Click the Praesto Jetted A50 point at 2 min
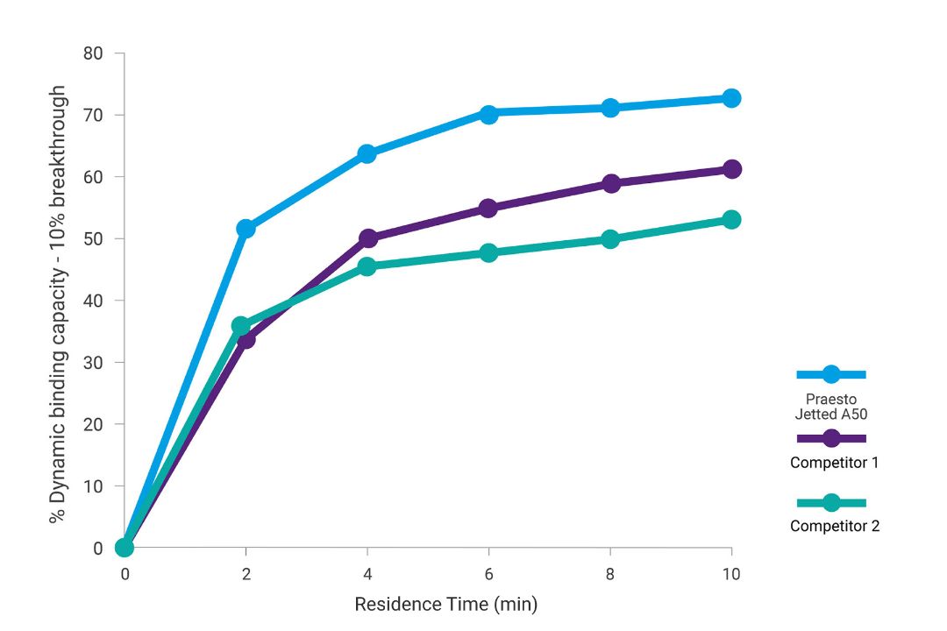click(x=246, y=229)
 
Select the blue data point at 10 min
click(x=730, y=98)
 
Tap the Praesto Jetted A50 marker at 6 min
click(x=488, y=113)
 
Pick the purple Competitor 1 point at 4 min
click(x=367, y=238)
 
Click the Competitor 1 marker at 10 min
click(x=730, y=169)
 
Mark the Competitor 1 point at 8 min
click(x=610, y=183)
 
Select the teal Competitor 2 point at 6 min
click(x=488, y=252)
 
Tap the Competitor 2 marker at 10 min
click(x=730, y=219)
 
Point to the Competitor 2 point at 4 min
click(x=367, y=266)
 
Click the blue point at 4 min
click(x=367, y=154)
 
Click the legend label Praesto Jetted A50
click(x=830, y=407)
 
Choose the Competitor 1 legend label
click(x=834, y=463)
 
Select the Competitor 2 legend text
click(x=834, y=527)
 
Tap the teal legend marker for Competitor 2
click(x=830, y=503)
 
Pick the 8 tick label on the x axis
click(x=610, y=574)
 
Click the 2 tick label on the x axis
click(x=246, y=574)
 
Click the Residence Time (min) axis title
click(x=445, y=605)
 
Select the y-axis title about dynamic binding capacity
click(x=58, y=304)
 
